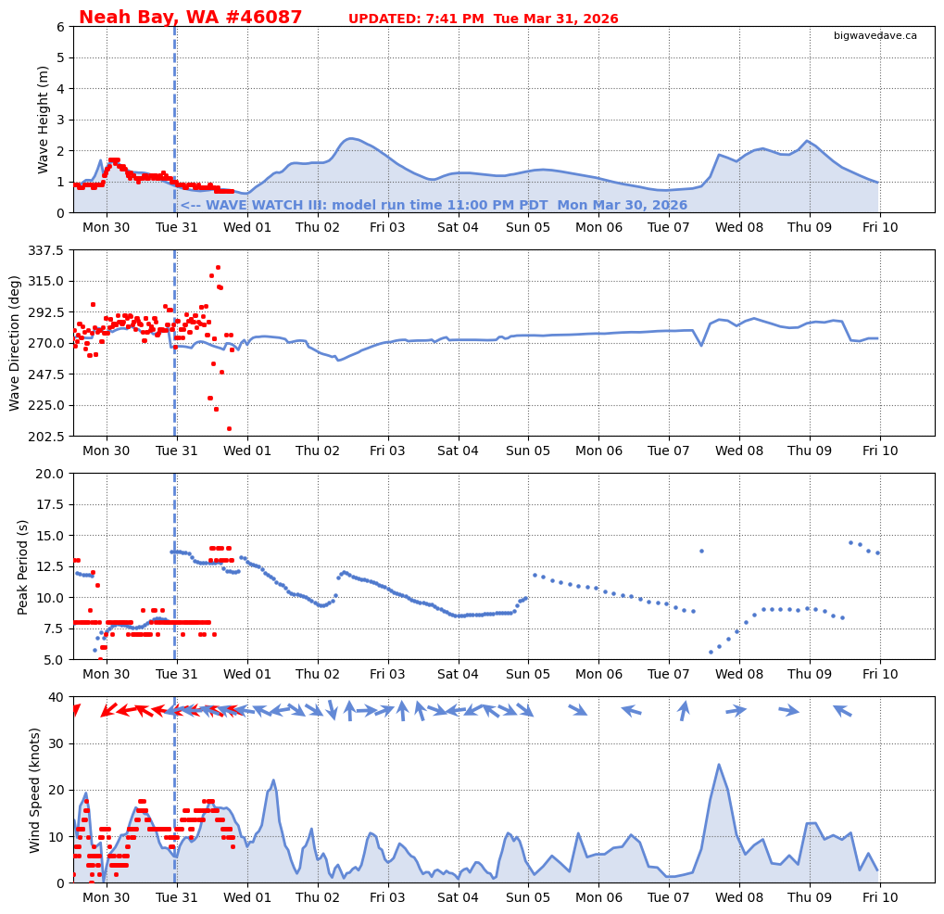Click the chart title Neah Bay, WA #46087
(x=190, y=18)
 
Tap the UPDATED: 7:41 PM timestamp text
(x=483, y=19)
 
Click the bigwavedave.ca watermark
(x=875, y=36)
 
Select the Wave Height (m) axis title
(x=44, y=120)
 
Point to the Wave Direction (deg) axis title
(x=15, y=343)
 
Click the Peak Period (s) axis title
(x=23, y=566)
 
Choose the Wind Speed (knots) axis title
(x=36, y=790)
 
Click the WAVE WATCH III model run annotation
(x=434, y=206)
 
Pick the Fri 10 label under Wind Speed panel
(x=879, y=898)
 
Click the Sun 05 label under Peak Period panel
(x=528, y=675)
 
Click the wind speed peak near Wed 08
(x=718, y=765)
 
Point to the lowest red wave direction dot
(x=229, y=428)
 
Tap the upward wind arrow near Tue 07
(x=684, y=710)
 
